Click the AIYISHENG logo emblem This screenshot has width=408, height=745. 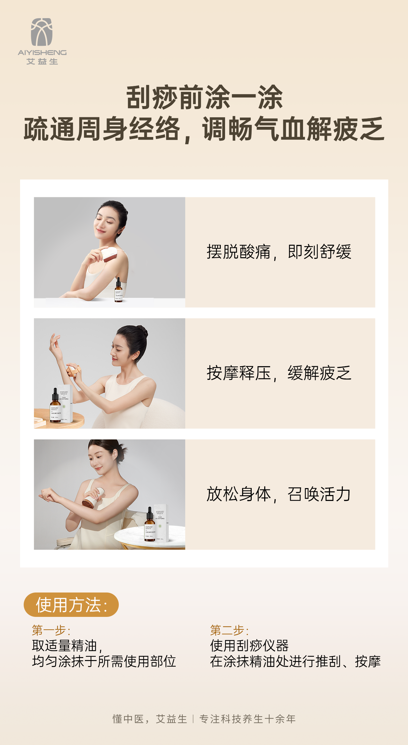click(x=42, y=32)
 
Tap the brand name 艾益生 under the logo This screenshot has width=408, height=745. click(x=42, y=62)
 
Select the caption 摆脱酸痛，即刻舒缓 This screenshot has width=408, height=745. click(x=279, y=252)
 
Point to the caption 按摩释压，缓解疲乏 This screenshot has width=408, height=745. click(x=279, y=373)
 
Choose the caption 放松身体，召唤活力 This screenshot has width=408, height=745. click(x=278, y=494)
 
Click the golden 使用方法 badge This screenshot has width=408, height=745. click(x=71, y=605)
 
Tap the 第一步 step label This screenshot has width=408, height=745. click(x=51, y=630)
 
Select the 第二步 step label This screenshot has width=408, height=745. click(x=229, y=630)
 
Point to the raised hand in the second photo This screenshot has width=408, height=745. click(x=55, y=344)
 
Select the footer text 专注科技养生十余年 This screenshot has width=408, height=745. click(x=247, y=719)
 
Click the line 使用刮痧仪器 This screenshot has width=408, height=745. click(x=249, y=646)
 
